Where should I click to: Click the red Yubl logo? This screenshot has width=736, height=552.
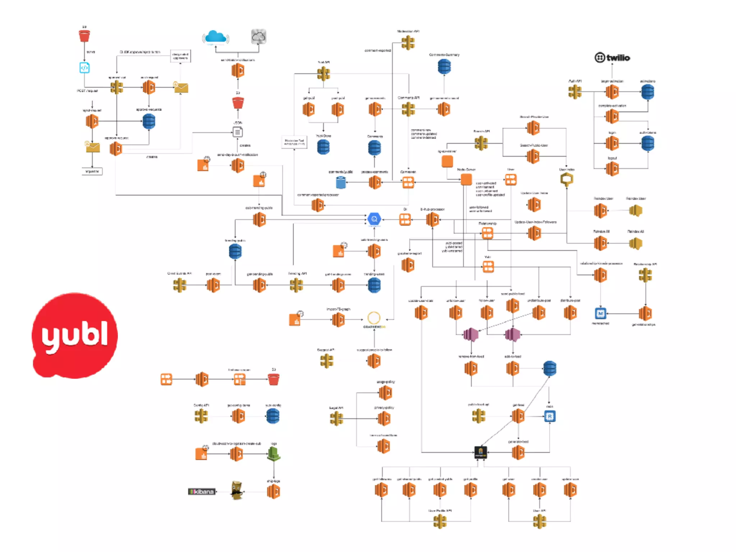pos(75,335)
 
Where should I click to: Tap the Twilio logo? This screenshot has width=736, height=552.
pos(612,57)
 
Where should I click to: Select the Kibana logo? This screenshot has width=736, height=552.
pos(202,491)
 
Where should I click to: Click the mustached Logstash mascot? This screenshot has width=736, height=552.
pos(236,490)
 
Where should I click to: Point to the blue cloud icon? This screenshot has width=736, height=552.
pos(216,37)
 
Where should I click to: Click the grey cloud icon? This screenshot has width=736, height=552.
pos(258,37)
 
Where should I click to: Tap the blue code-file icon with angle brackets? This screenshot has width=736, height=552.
pos(84,68)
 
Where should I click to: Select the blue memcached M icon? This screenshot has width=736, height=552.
pos(600,313)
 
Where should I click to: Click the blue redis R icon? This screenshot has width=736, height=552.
pos(549,416)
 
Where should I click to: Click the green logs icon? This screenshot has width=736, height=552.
pos(274,454)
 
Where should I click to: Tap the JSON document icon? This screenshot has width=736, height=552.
pos(238,132)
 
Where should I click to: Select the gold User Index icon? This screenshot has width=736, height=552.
pos(566,179)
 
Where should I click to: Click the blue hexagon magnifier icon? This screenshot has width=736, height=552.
pos(374,219)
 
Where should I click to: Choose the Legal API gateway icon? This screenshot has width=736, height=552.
pos(336,418)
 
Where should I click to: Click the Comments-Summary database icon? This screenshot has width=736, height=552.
pos(444,66)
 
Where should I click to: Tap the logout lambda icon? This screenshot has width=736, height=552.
pos(612,168)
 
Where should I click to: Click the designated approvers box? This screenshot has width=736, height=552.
pos(180,56)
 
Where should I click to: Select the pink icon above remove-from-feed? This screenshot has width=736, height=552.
pos(471,335)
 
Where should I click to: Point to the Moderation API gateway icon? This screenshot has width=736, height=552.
pos(408,43)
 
